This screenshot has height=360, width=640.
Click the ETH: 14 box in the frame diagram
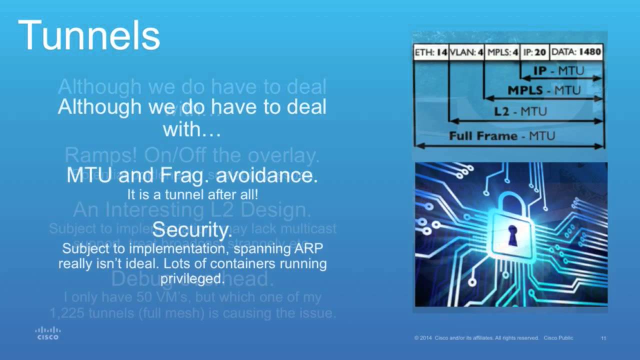[430, 52]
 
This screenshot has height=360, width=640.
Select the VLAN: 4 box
[466, 52]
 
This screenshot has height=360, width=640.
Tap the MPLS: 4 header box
[501, 52]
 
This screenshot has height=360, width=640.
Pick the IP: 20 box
[534, 52]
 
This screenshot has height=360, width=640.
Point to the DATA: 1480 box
[576, 52]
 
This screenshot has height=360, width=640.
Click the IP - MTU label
[558, 71]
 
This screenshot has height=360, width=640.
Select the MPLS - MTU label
[544, 90]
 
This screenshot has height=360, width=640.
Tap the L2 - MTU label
[520, 111]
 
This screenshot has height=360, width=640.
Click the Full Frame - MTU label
[502, 136]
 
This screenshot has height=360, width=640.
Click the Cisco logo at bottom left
[48, 333]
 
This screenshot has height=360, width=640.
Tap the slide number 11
[603, 338]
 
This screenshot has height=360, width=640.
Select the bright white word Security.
[192, 230]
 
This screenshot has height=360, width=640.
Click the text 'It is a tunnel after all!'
[192, 193]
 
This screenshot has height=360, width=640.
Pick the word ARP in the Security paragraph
[310, 248]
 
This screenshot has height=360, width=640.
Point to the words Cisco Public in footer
[558, 338]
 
